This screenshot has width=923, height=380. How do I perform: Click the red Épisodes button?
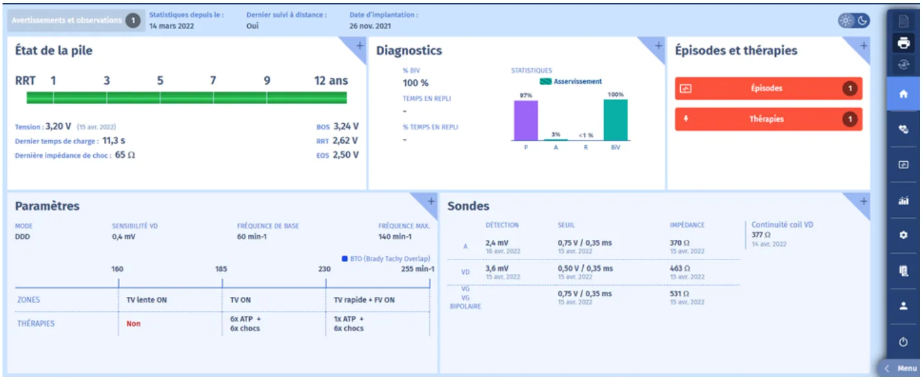coord(768,88)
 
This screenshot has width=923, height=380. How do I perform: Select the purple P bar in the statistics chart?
coord(526,121)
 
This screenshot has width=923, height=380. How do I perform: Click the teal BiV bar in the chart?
coord(616,120)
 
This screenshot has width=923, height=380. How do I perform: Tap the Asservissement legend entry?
coord(571,82)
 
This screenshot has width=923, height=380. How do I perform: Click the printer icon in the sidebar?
coord(903,43)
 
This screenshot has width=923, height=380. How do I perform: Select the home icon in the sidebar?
coord(903,95)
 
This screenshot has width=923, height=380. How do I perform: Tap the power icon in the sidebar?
coord(903,342)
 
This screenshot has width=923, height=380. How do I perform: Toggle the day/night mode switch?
coord(854,20)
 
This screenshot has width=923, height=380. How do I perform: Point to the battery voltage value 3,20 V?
coord(58,126)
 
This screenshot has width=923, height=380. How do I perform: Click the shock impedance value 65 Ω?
coord(125,155)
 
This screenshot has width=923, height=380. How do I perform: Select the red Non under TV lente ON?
coord(133,324)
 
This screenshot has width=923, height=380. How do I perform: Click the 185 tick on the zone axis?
coord(222,283)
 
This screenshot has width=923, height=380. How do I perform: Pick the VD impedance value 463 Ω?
coord(680,268)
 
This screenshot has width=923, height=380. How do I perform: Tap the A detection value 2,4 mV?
coord(496,243)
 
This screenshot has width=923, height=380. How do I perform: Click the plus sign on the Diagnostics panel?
coord(658,46)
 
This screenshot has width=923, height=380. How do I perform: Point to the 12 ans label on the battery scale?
coord(331,81)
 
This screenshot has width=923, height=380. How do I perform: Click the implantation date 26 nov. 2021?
coord(370,26)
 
